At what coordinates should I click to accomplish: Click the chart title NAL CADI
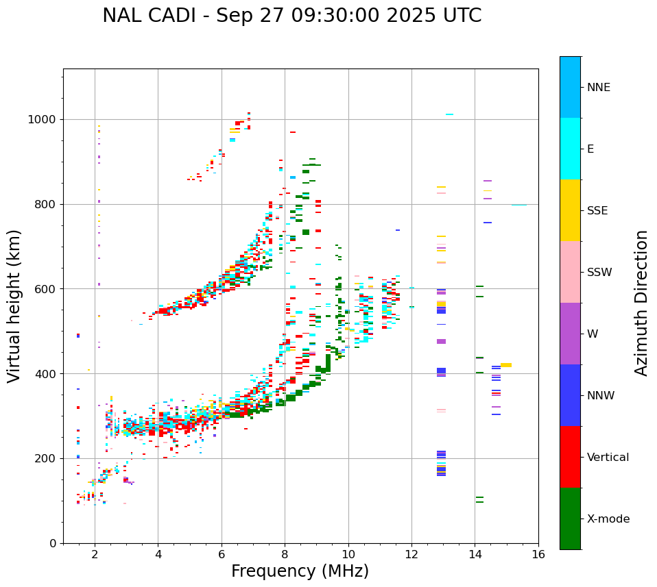coord(291,16)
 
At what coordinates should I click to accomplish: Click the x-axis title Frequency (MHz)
coord(300,571)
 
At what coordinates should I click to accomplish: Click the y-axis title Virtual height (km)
coord(14,306)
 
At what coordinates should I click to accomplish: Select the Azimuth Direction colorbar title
coord(641,303)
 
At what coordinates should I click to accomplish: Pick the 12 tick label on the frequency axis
coord(411,554)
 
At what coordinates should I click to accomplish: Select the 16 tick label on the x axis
coord(538,554)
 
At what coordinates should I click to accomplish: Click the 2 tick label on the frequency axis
coord(95,554)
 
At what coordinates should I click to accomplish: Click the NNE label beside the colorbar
coord(599,88)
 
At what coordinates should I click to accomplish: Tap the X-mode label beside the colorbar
coord(608,519)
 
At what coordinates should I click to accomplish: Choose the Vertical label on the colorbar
coord(608,458)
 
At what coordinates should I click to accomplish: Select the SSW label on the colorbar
coord(599,273)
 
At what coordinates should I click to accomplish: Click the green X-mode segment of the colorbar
coord(570,519)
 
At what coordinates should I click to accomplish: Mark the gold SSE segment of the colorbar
coord(570,210)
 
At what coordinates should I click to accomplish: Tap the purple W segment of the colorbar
coord(570,334)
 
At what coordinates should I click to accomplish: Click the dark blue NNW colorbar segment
coord(570,395)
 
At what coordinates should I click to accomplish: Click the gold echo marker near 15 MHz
coord(506,365)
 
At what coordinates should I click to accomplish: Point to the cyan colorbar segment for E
coord(570,149)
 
